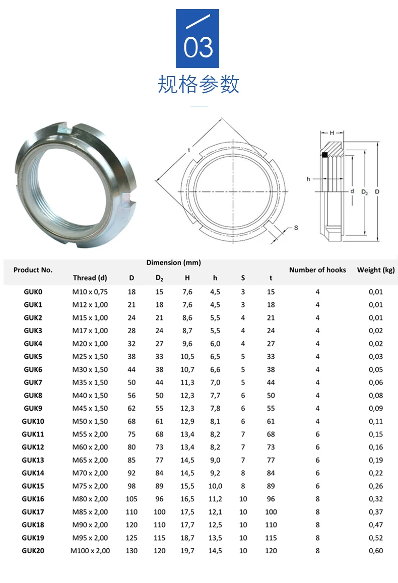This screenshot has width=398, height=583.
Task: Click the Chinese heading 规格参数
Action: click(198, 84)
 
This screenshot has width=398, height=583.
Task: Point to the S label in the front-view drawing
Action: click(296, 228)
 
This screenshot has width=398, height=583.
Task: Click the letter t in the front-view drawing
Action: click(189, 150)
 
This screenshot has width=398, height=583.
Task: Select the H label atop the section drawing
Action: click(332, 133)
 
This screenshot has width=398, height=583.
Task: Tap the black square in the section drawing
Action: click(325, 155)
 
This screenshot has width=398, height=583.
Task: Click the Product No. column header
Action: click(33, 270)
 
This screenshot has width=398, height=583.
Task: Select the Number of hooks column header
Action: click(317, 270)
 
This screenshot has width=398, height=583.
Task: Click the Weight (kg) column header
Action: click(376, 270)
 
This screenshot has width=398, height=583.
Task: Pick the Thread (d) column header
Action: click(90, 278)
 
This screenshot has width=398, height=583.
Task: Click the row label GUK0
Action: click(33, 292)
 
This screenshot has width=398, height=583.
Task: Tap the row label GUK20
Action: click(33, 551)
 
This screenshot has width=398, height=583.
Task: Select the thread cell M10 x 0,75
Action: click(90, 292)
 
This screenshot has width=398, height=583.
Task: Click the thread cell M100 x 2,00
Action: click(90, 551)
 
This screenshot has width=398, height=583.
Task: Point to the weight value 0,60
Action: click(376, 551)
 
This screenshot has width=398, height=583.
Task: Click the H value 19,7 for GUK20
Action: click(187, 551)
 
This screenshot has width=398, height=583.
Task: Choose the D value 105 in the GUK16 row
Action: click(131, 499)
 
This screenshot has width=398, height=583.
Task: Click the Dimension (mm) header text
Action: click(174, 263)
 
